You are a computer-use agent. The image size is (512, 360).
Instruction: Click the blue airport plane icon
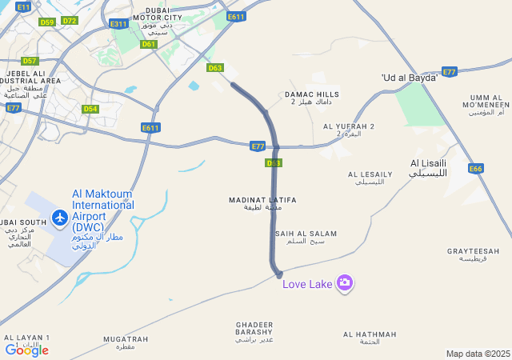(59, 217)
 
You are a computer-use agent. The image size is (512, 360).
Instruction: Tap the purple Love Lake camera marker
(345, 282)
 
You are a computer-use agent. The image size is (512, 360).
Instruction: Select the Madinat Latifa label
(262, 203)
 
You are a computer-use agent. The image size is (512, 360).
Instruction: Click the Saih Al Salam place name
(306, 237)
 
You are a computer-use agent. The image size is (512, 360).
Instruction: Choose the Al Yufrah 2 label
(349, 130)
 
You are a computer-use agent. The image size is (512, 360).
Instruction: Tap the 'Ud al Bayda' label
(410, 78)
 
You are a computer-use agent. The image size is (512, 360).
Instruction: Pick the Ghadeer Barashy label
(254, 331)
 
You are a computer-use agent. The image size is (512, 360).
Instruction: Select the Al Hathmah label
(369, 337)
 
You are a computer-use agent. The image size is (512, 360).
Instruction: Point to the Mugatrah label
(126, 342)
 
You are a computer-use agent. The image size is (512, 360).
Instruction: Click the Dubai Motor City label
(158, 22)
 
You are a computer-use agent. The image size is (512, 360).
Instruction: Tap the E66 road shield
(476, 168)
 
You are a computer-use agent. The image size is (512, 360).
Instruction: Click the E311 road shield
(118, 24)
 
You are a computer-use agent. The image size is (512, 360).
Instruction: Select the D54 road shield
(90, 109)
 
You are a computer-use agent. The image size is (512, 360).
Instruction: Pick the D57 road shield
(30, 61)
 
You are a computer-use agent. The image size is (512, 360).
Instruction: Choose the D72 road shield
(70, 21)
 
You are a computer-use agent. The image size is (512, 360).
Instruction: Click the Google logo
(26, 350)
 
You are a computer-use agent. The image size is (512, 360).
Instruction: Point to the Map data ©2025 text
(478, 354)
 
